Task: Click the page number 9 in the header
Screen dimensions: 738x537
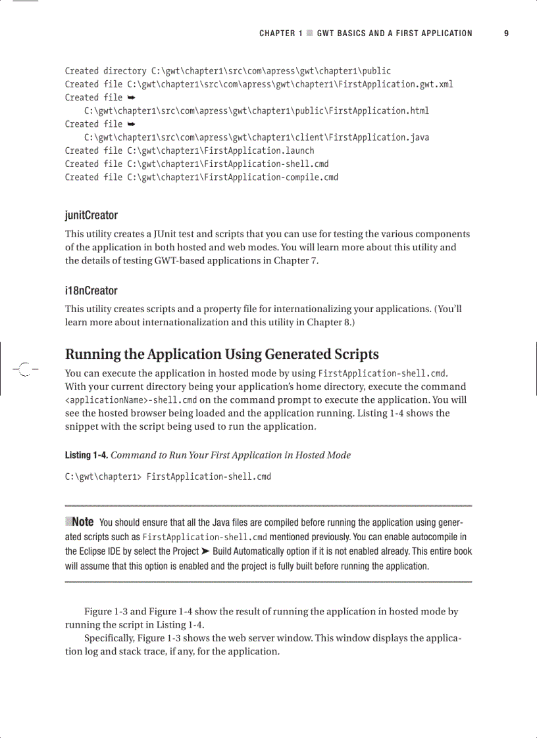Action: [506, 34]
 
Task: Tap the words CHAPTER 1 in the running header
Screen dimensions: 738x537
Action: [280, 34]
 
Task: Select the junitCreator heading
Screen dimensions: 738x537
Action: [91, 216]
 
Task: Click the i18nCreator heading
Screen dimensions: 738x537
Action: [91, 290]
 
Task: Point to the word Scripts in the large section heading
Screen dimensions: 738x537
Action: [354, 354]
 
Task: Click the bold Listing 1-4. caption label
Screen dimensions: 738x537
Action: [87, 455]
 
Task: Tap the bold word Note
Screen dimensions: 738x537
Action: [82, 522]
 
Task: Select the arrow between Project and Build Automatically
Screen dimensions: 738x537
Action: [204, 551]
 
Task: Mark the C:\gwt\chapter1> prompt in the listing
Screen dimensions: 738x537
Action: [103, 476]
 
